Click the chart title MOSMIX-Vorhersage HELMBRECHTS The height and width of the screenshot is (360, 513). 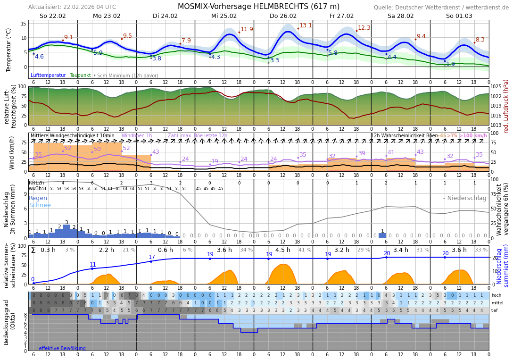click(258, 7)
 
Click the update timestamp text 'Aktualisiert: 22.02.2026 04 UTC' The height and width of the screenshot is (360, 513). click(72, 7)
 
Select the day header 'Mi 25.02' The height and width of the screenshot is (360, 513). click(224, 16)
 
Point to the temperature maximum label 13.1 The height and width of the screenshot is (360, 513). click(306, 25)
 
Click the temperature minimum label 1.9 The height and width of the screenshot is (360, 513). click(450, 64)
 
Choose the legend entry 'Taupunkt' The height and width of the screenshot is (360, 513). click(80, 75)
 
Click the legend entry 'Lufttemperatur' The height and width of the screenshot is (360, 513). click(48, 75)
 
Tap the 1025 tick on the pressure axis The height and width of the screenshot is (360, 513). click(496, 87)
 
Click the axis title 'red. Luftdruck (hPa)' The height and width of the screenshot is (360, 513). click(506, 106)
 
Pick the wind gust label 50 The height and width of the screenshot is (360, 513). click(97, 149)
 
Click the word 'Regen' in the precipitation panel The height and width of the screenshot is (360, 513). click(38, 198)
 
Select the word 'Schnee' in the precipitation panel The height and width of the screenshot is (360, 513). click(40, 205)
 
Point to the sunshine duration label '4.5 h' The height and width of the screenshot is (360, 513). click(283, 250)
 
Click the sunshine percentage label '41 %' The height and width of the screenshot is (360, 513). click(305, 250)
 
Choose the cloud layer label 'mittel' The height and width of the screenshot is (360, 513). click(497, 303)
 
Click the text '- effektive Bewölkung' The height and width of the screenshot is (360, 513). click(60, 348)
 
